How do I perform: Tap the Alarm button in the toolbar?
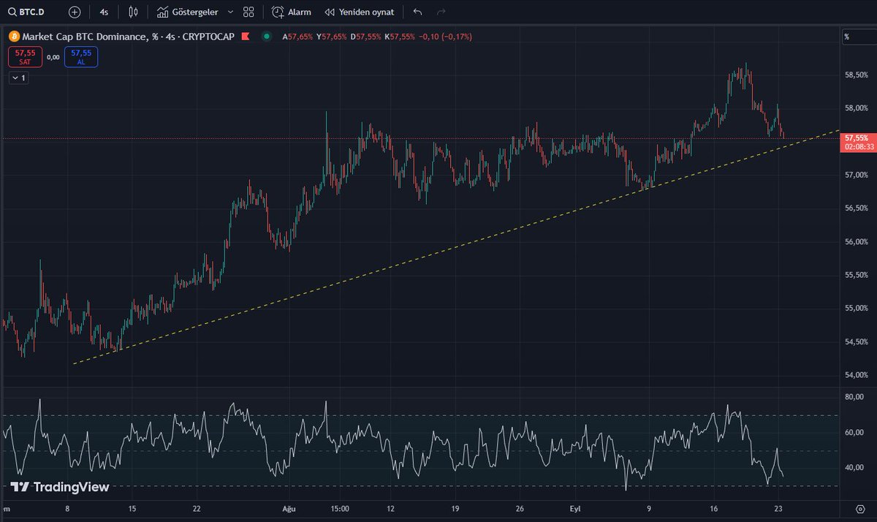(291, 12)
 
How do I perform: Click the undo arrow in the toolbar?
(417, 12)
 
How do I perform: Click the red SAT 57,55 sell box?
(26, 57)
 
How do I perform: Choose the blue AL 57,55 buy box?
(80, 57)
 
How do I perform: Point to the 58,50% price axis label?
(856, 75)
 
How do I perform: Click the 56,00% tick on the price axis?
(856, 241)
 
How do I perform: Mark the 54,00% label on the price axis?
(856, 375)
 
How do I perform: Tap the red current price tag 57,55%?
(856, 137)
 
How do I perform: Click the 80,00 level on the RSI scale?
(854, 397)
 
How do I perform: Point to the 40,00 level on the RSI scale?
(854, 467)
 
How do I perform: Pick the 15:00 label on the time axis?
(339, 509)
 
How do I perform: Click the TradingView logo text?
(60, 487)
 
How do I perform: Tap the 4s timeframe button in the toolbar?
(105, 12)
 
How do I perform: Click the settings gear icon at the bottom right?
(859, 509)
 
